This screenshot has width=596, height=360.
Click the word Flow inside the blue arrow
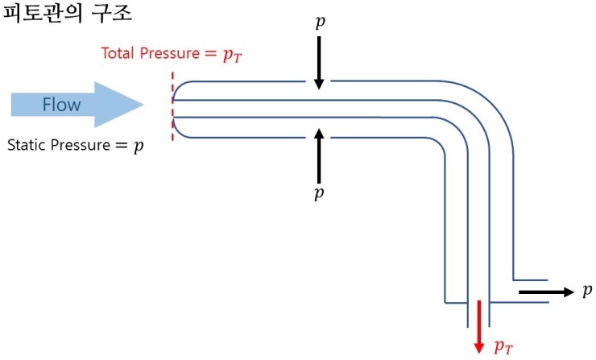coord(61,105)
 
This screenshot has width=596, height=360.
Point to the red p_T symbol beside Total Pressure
coord(231,55)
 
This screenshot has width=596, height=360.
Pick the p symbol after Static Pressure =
coord(139,147)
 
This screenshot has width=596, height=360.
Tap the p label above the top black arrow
coord(320,22)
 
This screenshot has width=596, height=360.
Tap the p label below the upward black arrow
coord(319,194)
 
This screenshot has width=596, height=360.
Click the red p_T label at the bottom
coord(503,346)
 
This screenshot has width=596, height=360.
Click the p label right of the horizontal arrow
coord(586,291)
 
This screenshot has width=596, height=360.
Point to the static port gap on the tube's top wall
coord(320,81)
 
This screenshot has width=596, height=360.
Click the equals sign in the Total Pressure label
coord(209,54)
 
